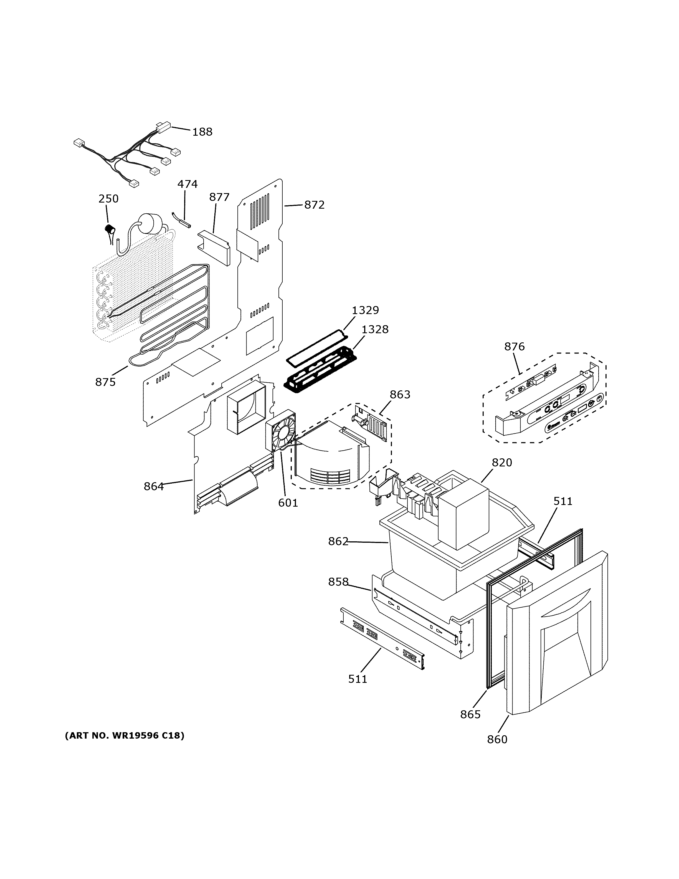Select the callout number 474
click(x=188, y=184)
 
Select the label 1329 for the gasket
click(x=365, y=310)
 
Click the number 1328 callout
click(x=375, y=329)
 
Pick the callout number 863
click(x=400, y=395)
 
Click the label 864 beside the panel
click(x=154, y=487)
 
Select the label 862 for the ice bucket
click(x=338, y=542)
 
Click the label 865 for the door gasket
click(x=470, y=714)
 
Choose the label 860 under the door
click(x=497, y=739)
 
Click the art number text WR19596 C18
click(x=125, y=736)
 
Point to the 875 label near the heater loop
click(x=105, y=382)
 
